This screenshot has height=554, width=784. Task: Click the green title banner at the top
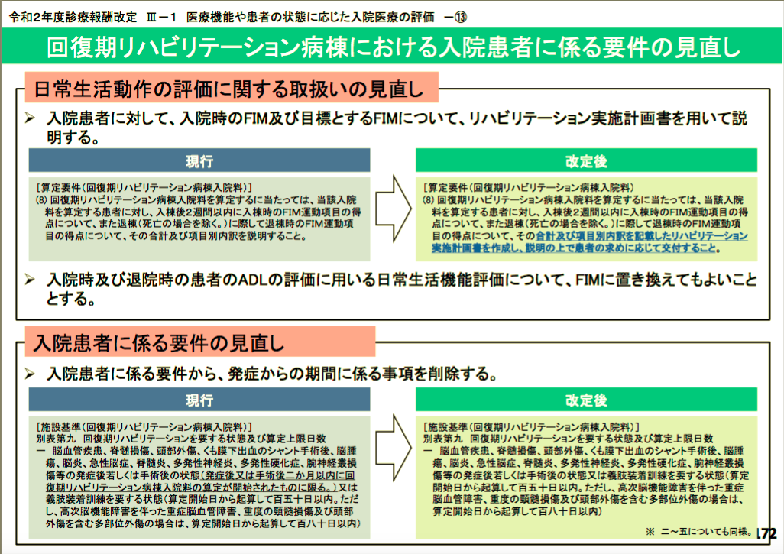(x=392, y=47)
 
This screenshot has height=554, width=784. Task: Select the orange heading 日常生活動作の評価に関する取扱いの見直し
(x=228, y=89)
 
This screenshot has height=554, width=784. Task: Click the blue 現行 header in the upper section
(x=199, y=160)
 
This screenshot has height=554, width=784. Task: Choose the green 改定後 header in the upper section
(x=586, y=160)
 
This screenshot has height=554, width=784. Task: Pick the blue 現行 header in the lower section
(x=199, y=400)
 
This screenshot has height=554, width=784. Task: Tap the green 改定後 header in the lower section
(x=586, y=400)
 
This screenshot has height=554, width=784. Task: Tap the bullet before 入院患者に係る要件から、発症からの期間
(x=31, y=374)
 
